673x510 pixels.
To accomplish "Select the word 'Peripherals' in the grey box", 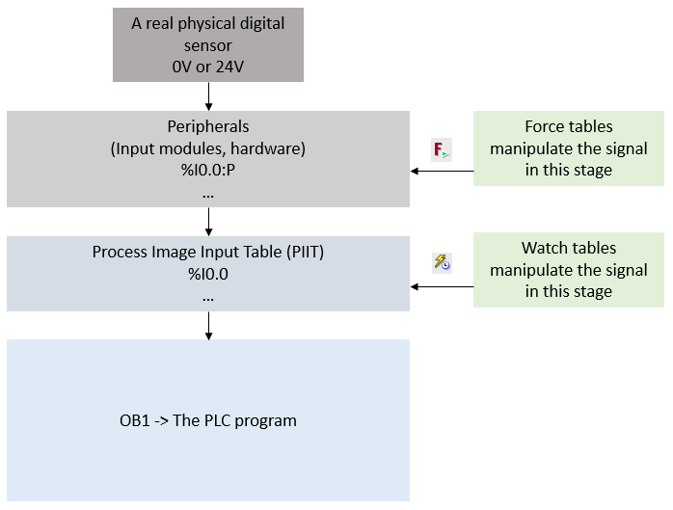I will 208,126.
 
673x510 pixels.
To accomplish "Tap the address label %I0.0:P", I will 208,171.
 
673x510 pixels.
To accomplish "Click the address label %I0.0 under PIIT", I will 208,275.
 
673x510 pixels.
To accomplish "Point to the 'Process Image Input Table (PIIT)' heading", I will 208,253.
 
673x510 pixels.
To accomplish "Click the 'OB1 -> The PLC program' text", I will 208,420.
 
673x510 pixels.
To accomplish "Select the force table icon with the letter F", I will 442,149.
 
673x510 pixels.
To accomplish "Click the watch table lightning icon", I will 442,261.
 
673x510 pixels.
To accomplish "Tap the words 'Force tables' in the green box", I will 569,126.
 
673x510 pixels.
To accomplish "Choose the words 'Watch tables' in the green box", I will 569,248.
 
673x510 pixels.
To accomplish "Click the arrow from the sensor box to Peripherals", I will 208,95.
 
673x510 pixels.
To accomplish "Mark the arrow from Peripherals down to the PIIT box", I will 208,222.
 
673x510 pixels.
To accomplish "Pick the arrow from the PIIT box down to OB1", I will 208,326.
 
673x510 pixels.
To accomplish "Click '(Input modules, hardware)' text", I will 208,148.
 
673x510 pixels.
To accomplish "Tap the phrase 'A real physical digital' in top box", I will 208,24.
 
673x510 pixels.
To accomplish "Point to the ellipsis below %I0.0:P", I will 208,194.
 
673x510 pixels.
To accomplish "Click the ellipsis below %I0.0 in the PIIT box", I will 208,298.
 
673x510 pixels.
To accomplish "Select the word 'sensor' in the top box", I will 208,46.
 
